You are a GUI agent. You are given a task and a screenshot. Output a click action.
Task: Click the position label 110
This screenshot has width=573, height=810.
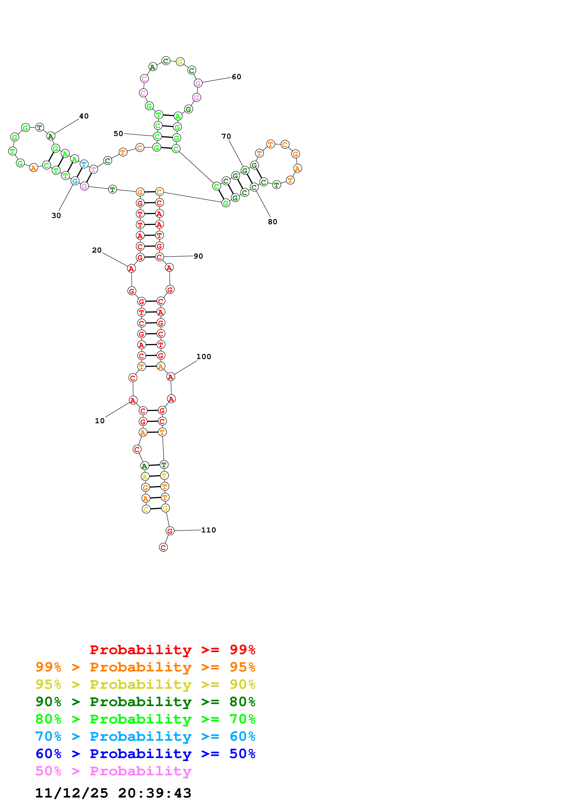click(x=208, y=530)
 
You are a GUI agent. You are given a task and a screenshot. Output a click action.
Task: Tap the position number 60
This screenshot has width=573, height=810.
click(x=236, y=77)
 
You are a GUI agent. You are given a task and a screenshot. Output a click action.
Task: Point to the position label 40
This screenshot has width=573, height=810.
click(x=84, y=116)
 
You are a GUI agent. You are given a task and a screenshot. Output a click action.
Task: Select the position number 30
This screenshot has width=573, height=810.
click(x=56, y=216)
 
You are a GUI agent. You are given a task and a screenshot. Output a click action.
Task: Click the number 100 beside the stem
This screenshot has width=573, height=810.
click(x=204, y=357)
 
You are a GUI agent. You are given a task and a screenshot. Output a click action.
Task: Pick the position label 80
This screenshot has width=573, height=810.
click(x=272, y=222)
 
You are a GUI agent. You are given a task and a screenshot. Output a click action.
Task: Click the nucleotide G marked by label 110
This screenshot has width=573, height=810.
click(x=170, y=531)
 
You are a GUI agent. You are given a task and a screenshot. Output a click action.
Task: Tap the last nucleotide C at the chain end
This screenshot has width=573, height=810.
click(x=163, y=547)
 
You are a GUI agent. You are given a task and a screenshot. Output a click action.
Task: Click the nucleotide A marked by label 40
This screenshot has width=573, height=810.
click(x=51, y=136)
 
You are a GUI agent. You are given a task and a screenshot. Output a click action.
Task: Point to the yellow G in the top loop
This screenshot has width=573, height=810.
click(x=180, y=62)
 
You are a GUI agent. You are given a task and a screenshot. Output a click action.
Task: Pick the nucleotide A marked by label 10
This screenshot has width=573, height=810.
click(x=133, y=400)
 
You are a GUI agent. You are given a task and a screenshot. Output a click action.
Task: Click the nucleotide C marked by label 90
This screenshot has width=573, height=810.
click(x=159, y=257)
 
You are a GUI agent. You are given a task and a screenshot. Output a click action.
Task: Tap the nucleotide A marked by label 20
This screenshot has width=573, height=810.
click(x=131, y=269)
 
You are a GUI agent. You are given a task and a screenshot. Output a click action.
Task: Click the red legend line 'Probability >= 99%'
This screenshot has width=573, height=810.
click(x=172, y=650)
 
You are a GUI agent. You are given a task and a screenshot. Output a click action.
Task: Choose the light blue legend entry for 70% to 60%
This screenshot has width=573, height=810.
click(x=145, y=736)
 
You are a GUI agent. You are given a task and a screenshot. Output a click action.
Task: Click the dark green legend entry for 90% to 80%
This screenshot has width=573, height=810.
click(x=145, y=702)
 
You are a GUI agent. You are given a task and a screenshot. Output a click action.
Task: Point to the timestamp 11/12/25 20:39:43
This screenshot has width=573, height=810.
click(x=113, y=793)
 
